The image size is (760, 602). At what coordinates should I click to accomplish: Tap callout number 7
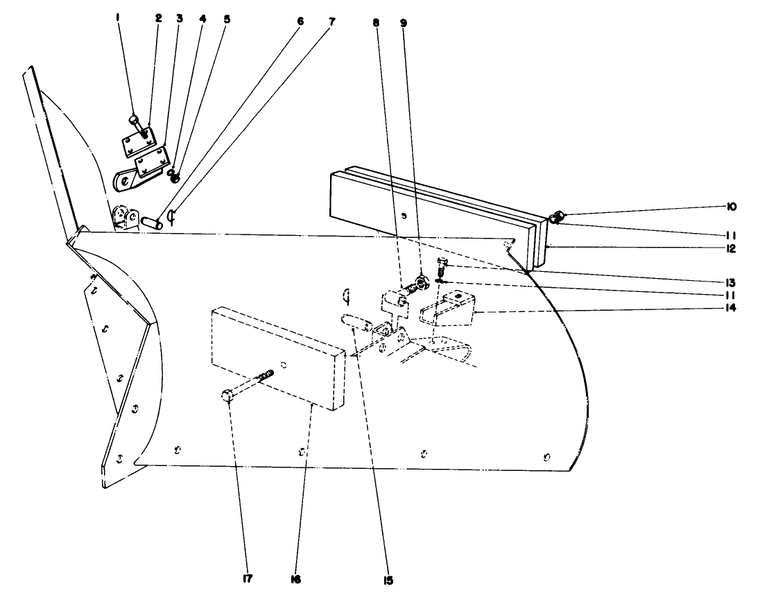point(331,21)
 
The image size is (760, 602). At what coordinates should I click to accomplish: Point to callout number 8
point(376,21)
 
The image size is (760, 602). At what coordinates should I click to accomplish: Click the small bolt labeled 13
point(442,263)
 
